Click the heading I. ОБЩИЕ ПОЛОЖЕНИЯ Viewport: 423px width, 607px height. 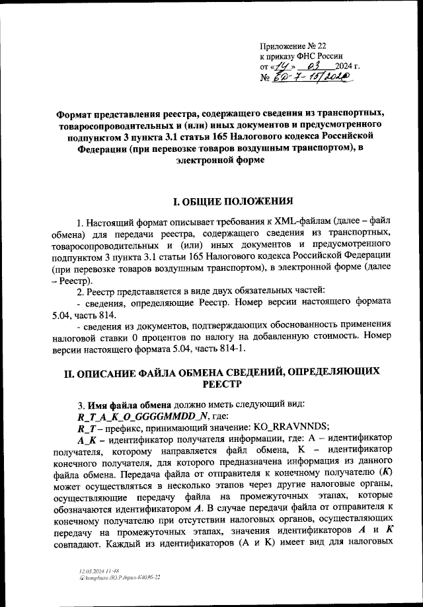click(232, 201)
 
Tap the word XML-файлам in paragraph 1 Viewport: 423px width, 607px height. click(317, 221)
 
